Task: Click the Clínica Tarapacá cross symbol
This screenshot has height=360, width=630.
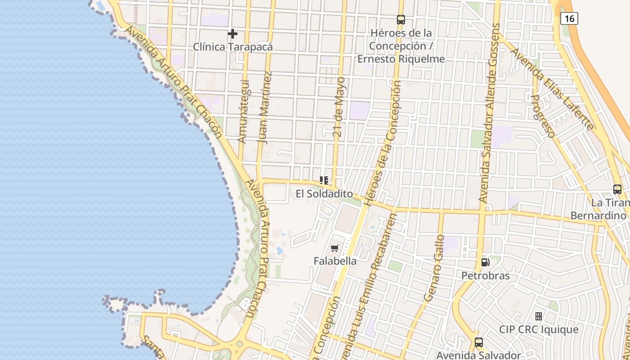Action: click(x=232, y=34)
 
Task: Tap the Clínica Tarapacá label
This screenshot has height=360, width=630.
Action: click(x=233, y=47)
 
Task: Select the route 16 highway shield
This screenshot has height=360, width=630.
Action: click(x=569, y=18)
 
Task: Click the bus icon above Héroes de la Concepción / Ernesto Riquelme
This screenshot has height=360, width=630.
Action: click(x=400, y=20)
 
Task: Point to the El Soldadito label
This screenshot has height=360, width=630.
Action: click(x=324, y=194)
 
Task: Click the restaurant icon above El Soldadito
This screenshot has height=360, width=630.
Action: click(x=324, y=180)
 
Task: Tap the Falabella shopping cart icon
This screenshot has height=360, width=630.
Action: click(x=334, y=248)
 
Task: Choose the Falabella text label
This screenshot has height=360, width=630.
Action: click(x=335, y=261)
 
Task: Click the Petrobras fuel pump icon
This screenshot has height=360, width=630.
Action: click(x=485, y=262)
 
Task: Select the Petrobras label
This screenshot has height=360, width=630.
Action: click(x=486, y=275)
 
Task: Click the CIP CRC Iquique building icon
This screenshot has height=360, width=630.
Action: click(x=538, y=316)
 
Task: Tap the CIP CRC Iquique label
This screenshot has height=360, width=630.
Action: click(x=539, y=329)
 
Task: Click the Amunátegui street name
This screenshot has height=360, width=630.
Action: click(x=243, y=112)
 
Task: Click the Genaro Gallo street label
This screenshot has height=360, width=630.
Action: click(x=434, y=268)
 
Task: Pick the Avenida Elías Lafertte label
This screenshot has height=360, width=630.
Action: click(x=552, y=89)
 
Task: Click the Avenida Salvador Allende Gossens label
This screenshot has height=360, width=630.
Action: click(x=490, y=112)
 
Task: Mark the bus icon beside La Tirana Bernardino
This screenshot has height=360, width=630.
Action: click(x=617, y=189)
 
